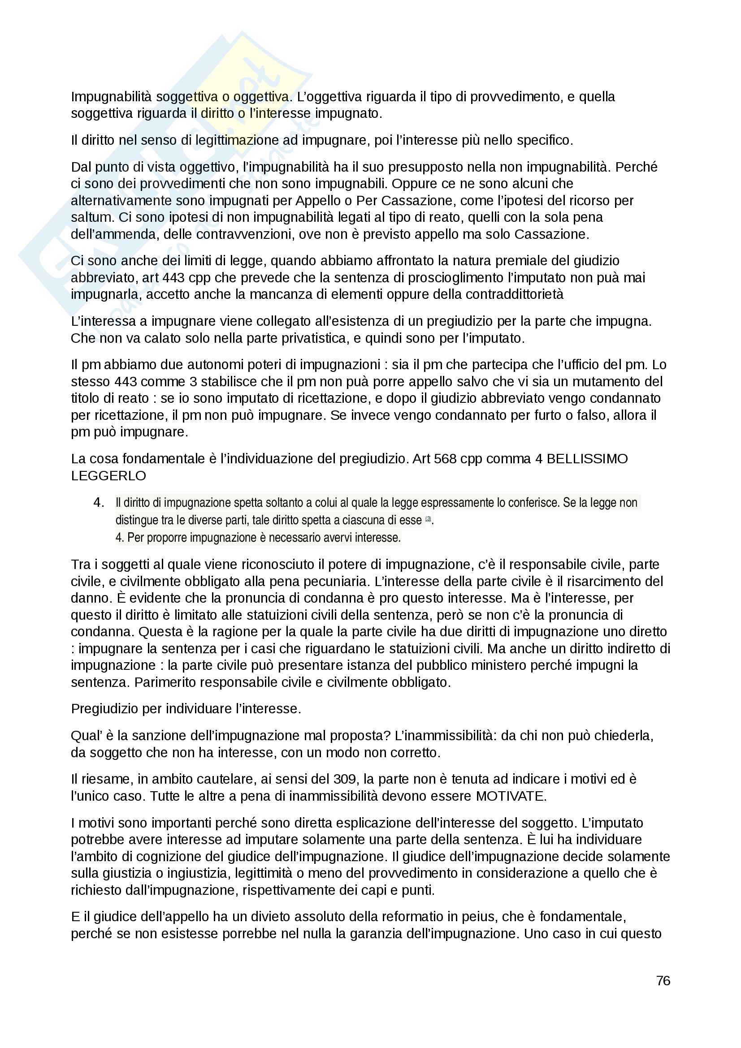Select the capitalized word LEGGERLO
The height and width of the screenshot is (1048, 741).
(x=108, y=476)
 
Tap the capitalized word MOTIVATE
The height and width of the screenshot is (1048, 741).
(x=511, y=796)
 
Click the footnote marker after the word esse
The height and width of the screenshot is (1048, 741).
(x=428, y=518)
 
